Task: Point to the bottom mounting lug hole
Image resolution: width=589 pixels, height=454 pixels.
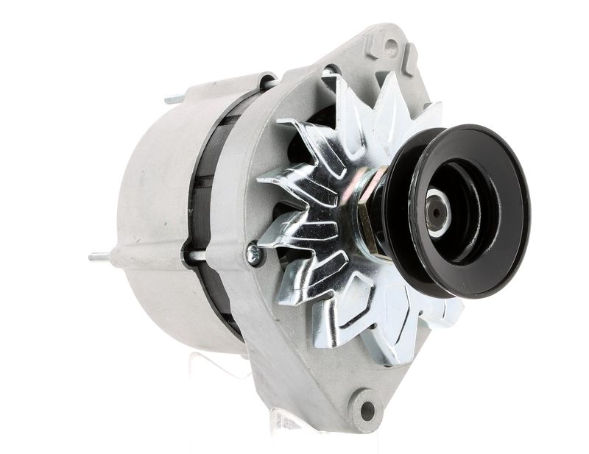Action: (x=366, y=409)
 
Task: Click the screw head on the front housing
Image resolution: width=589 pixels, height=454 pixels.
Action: (x=254, y=254)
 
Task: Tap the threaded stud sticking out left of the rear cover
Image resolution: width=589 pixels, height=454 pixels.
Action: (x=99, y=257)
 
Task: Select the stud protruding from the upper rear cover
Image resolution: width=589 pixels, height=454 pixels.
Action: (x=174, y=97)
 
